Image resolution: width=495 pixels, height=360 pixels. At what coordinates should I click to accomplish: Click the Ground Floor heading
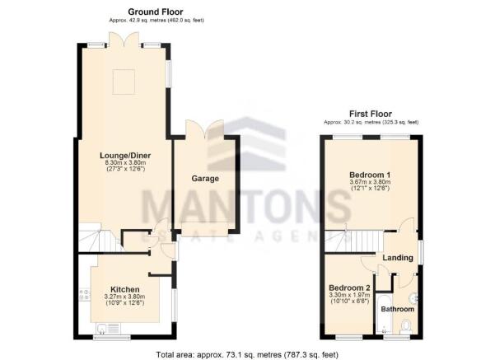(156, 12)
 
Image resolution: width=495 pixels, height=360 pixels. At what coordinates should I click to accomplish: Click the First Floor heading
(371, 114)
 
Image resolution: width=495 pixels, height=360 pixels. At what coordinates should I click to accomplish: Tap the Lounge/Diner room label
(125, 156)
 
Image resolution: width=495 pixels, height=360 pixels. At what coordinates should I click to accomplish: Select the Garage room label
(205, 179)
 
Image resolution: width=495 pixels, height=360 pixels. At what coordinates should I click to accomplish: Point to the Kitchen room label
(124, 290)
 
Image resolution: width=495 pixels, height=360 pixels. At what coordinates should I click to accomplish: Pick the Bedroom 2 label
(349, 288)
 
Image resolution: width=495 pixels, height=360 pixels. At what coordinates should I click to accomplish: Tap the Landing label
(398, 258)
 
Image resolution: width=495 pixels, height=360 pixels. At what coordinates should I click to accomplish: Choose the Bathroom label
(398, 309)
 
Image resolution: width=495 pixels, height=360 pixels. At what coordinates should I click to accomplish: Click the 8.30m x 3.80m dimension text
(125, 163)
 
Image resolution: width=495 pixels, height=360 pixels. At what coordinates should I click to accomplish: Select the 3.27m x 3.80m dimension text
(124, 297)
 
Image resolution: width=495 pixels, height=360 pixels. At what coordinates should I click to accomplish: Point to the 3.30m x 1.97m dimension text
(349, 295)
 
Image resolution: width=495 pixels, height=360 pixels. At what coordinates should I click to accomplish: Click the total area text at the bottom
(247, 354)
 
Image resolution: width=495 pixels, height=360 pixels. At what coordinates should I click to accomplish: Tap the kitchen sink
(108, 329)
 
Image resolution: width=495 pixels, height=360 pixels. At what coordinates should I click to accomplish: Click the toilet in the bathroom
(405, 327)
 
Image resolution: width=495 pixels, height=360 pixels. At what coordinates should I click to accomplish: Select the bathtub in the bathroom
(384, 313)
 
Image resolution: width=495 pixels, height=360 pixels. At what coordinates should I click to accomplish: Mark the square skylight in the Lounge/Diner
(124, 82)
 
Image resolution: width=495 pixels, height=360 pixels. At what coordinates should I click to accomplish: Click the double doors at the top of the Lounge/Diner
(124, 40)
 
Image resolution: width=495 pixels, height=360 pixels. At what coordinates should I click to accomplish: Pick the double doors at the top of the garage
(205, 129)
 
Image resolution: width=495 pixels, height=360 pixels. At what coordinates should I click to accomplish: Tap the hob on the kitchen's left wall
(85, 294)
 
